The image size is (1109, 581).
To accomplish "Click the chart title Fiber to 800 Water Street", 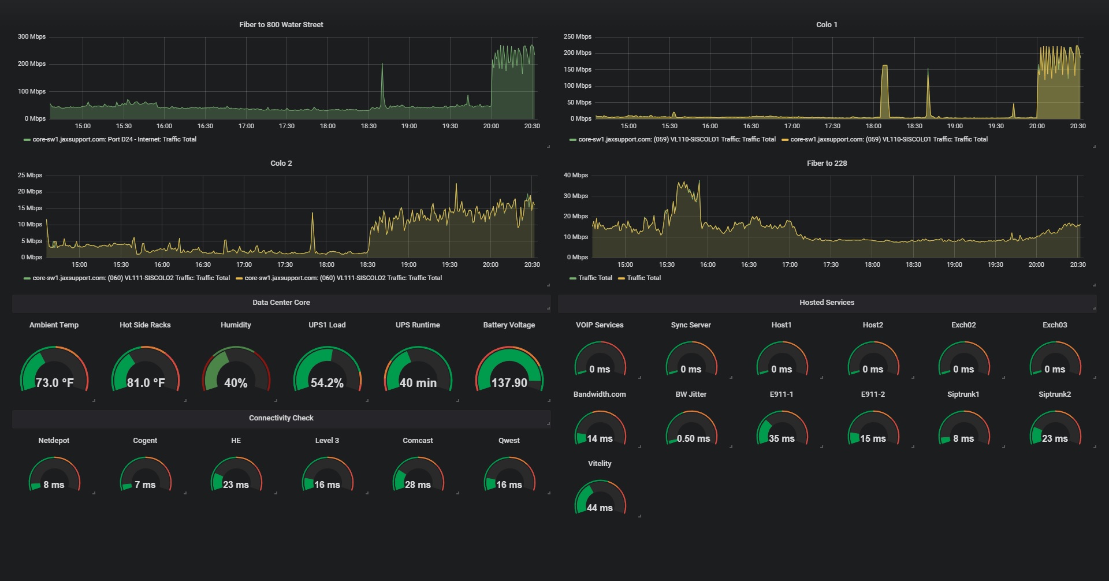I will [281, 24].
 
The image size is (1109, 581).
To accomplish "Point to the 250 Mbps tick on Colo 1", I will [577, 36].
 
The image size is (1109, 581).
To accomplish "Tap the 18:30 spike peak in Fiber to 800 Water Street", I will [382, 65].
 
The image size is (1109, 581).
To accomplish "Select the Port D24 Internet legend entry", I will [114, 139].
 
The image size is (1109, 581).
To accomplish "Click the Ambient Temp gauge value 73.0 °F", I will [54, 383].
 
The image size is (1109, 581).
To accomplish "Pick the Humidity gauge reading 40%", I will [236, 383].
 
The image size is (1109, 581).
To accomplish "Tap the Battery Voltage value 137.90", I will [509, 383].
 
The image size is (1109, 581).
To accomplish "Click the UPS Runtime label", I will [418, 325].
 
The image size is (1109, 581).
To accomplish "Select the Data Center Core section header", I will [281, 302].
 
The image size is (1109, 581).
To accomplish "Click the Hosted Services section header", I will [827, 302].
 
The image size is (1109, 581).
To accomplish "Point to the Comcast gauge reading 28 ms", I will [418, 485].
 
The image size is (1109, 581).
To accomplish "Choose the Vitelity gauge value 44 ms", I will [600, 508].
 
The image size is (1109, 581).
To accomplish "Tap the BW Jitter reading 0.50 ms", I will [693, 438].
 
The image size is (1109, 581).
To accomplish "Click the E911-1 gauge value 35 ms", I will [781, 438].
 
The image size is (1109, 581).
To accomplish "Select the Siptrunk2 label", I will [1054, 394].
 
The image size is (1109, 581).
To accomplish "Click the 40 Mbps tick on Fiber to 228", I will [575, 175].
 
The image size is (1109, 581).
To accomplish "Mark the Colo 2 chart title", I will [281, 163].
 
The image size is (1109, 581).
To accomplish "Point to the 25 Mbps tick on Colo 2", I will [29, 175].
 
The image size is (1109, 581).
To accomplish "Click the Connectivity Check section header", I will [281, 418].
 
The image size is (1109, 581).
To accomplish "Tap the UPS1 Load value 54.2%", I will [327, 383].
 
